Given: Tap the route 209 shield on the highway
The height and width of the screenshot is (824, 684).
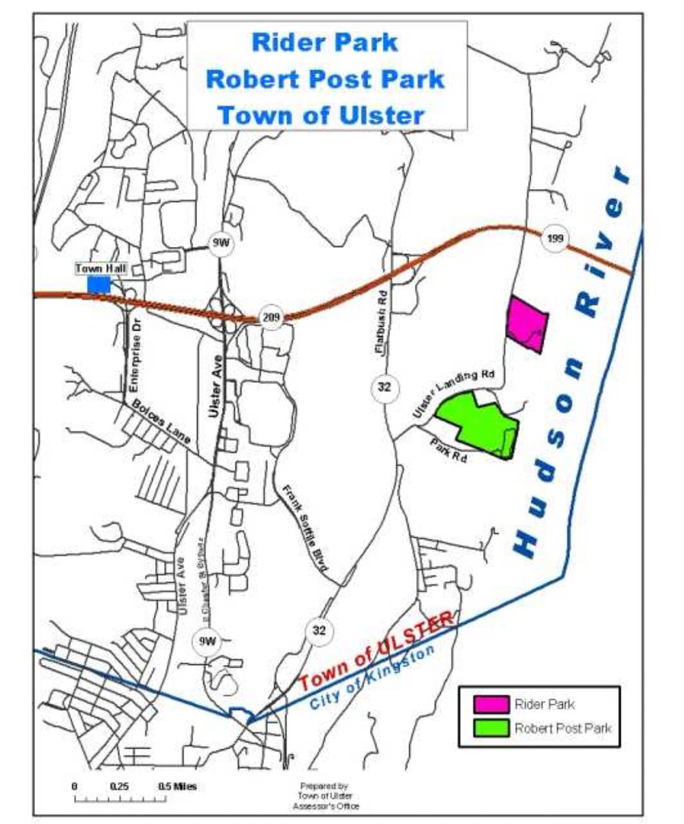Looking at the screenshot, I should (x=272, y=317).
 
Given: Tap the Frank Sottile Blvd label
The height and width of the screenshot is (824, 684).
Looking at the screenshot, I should (x=304, y=527).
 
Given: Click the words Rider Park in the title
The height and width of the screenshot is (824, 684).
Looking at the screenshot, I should (x=325, y=42).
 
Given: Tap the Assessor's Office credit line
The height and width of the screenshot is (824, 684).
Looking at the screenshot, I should (x=324, y=806).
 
